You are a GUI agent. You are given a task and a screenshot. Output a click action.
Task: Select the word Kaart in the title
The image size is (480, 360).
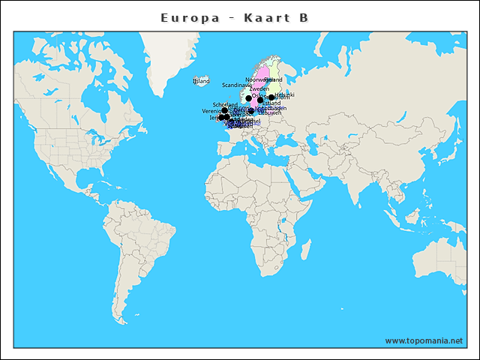(262, 17)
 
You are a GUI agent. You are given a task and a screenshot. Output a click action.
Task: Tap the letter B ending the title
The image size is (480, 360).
(303, 17)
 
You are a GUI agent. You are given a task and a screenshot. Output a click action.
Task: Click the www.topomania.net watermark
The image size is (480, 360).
(424, 340)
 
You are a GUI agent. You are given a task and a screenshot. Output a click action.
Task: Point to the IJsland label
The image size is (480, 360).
(201, 81)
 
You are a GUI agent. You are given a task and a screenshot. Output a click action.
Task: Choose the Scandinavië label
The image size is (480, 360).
(236, 85)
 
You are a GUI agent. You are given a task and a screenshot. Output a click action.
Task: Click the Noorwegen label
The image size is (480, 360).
(256, 79)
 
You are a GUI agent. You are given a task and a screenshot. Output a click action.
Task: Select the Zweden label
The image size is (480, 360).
(259, 88)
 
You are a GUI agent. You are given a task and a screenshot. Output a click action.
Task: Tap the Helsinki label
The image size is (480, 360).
(285, 94)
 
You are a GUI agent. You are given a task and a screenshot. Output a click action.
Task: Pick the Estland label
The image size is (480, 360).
(271, 103)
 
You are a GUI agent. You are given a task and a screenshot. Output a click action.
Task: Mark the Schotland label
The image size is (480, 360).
(225, 104)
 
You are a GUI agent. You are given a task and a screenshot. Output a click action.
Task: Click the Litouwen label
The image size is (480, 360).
(269, 112)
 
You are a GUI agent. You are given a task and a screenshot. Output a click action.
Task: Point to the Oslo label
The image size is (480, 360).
(257, 96)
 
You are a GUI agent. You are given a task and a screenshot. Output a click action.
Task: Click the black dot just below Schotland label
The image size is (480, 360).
(224, 110)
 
